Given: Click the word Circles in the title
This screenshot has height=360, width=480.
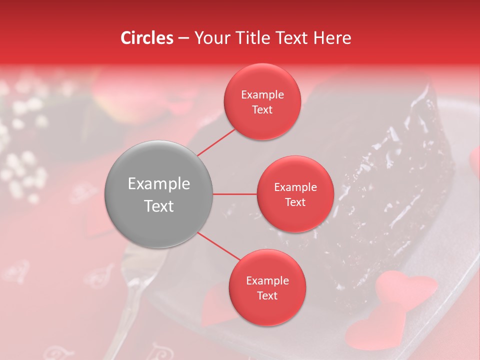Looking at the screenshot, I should [x=147, y=38].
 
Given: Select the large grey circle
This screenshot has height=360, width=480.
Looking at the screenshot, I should [x=159, y=194].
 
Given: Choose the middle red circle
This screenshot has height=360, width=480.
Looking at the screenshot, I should [x=295, y=194].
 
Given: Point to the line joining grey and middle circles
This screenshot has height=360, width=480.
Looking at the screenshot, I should [x=234, y=194].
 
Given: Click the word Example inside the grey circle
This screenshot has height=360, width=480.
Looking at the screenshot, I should [x=159, y=184].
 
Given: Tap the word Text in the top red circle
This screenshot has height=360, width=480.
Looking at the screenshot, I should [x=262, y=110].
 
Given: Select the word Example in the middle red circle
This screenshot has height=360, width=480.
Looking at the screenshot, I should [x=295, y=187].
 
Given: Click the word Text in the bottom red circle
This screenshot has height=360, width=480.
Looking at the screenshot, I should [x=267, y=296].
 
